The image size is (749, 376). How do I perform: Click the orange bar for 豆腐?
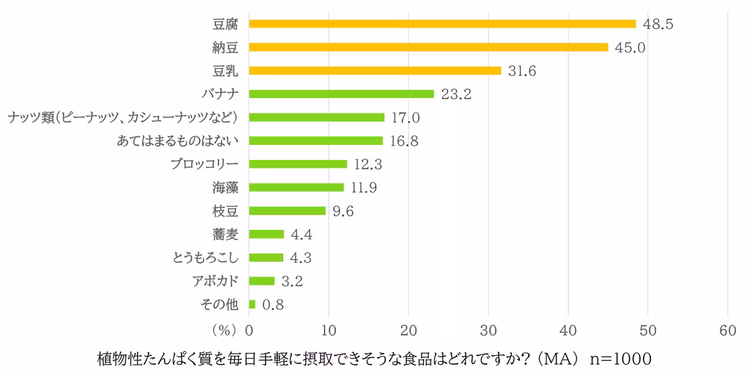click(442, 24)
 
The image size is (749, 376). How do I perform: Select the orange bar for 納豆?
click(428, 47)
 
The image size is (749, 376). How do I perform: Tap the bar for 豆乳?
click(374, 71)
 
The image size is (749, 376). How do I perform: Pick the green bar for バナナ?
click(341, 94)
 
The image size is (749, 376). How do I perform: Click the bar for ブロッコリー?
click(298, 164)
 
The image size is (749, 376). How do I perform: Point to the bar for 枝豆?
click(287, 210)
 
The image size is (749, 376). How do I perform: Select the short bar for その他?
click(252, 304)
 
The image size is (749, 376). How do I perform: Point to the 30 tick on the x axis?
click(488, 330)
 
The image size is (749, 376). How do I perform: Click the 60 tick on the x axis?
click(728, 330)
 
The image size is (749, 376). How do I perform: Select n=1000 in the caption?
click(620, 360)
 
